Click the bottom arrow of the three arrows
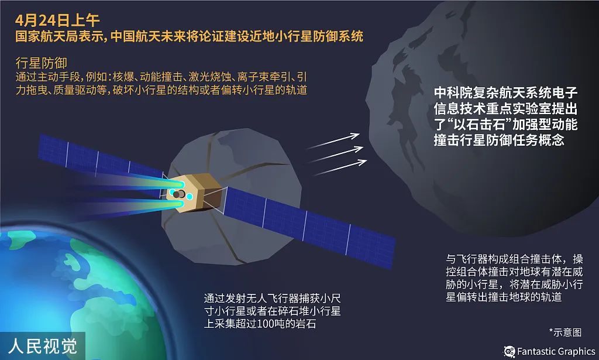coord(339,167)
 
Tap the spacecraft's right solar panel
coord(310,222)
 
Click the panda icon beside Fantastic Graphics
coord(509,351)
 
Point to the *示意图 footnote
coord(565,332)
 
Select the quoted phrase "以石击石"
coord(481,125)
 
